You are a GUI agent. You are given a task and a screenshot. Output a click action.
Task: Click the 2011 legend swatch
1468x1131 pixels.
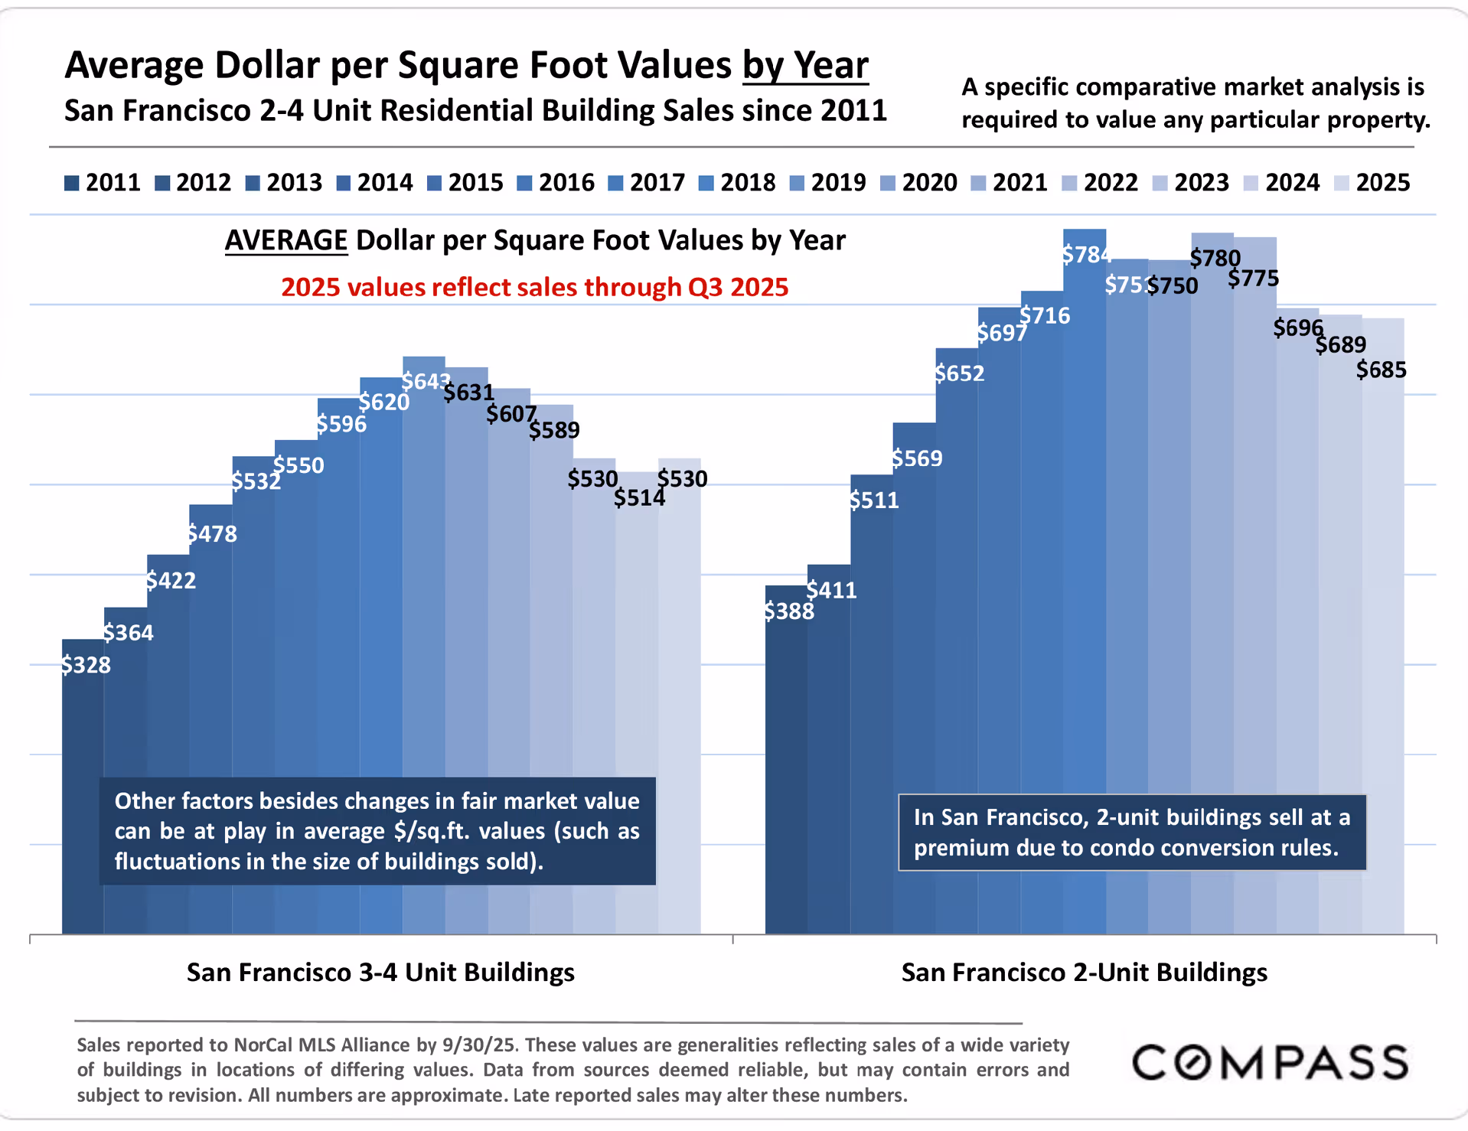coord(72,184)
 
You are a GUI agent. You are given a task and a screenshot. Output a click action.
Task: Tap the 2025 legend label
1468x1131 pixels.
coord(1382,183)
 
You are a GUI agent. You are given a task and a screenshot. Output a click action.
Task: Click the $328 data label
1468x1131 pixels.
coord(86,665)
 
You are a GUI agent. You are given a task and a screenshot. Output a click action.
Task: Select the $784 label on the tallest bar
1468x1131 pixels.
coord(1086,255)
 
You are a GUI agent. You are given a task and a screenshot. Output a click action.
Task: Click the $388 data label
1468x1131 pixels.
coord(789,611)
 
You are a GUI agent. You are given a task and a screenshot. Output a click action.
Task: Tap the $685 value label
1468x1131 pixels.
coord(1381,370)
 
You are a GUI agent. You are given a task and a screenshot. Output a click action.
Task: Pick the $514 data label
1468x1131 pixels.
coord(639,498)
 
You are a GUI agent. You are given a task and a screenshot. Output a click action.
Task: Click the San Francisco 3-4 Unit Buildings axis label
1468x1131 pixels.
coord(380,973)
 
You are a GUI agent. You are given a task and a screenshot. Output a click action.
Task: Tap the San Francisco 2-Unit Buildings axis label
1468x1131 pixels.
coord(1084,973)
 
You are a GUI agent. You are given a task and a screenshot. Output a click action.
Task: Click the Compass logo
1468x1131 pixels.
coord(1270,1063)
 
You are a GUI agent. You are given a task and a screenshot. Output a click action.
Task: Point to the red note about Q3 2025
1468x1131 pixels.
coord(534,288)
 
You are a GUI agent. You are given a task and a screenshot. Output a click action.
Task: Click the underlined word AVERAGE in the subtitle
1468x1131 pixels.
coord(285,241)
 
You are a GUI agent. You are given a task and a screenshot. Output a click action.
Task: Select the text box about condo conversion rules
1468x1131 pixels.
coord(1131,833)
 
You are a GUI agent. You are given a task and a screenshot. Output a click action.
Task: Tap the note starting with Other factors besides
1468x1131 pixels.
coord(377,831)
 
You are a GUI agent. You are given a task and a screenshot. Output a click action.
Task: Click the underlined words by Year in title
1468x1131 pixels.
coord(805,66)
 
